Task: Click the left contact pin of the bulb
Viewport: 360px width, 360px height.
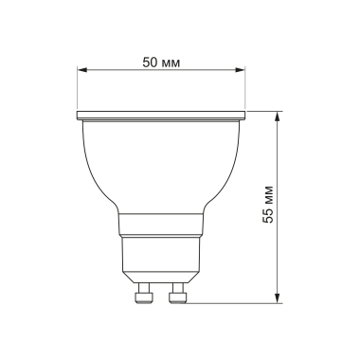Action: pyautogui.click(x=146, y=294)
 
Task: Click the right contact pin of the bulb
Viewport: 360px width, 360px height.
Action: pyautogui.click(x=176, y=294)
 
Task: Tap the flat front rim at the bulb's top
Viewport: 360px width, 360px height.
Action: pyautogui.click(x=161, y=117)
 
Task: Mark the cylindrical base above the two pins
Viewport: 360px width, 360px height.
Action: pyautogui.click(x=161, y=258)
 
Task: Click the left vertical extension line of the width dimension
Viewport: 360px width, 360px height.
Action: pyautogui.click(x=78, y=90)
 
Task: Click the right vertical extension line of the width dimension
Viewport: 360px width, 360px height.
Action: pyautogui.click(x=245, y=90)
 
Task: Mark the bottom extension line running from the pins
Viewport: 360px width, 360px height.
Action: pyautogui.click(x=232, y=302)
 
